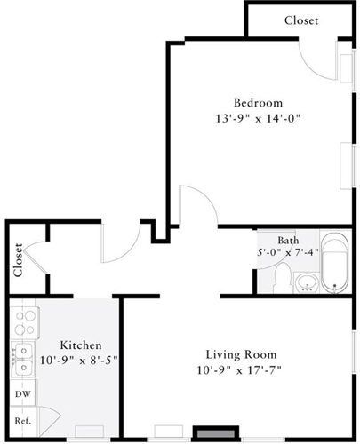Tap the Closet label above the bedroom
tap(301, 20)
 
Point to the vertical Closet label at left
tap(18, 260)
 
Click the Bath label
tap(288, 240)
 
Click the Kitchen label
tap(80, 345)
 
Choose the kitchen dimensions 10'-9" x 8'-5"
tap(80, 360)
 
